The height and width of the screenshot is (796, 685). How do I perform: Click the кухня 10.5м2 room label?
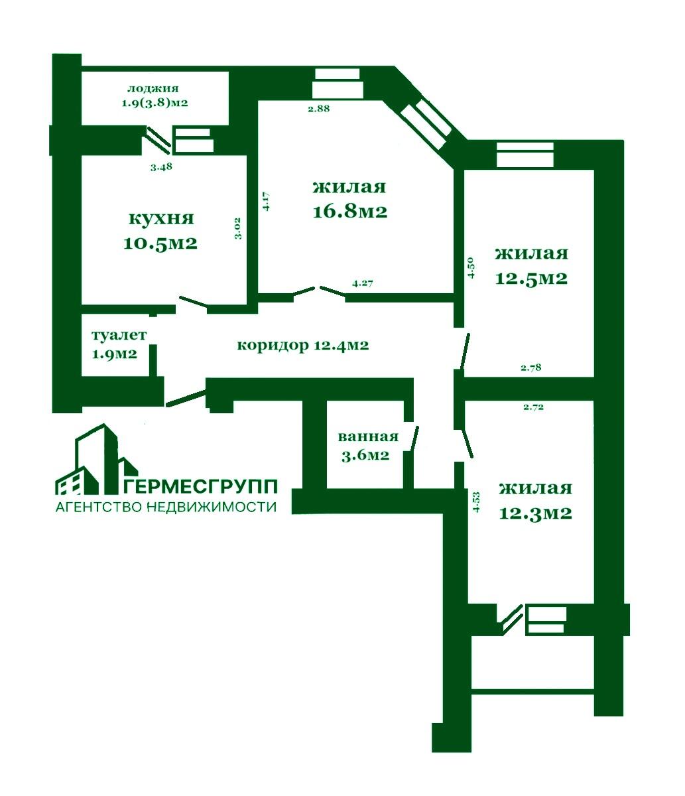(x=160, y=231)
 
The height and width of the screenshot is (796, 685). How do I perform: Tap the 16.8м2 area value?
(x=349, y=212)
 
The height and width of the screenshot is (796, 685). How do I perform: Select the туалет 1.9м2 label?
(x=119, y=345)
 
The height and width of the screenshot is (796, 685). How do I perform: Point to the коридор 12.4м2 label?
(x=303, y=345)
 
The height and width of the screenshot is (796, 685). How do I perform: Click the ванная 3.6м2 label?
(x=368, y=446)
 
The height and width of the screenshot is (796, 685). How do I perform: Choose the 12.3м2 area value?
(x=535, y=513)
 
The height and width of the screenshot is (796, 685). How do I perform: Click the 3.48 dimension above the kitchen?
(x=161, y=167)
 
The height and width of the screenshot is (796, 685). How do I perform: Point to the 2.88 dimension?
(x=319, y=109)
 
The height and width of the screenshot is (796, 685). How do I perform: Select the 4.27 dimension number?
(x=363, y=284)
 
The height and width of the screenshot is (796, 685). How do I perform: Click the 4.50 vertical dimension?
(x=471, y=267)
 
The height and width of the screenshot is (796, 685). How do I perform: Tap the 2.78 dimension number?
(x=531, y=367)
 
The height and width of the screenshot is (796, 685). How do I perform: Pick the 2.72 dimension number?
(x=533, y=407)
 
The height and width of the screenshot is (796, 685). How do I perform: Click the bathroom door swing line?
(x=416, y=438)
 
